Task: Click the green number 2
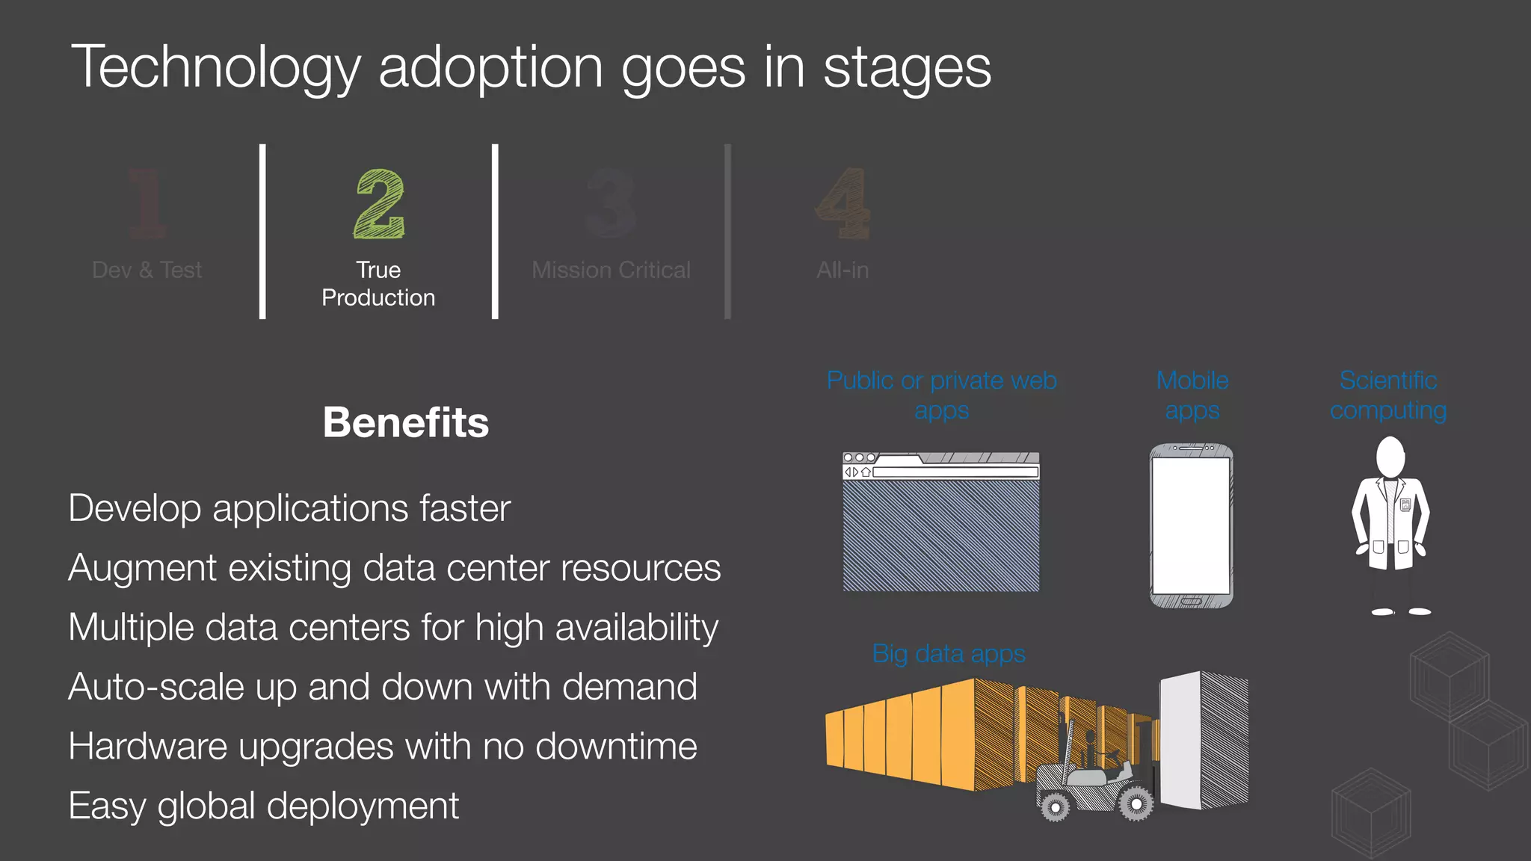pyautogui.click(x=379, y=203)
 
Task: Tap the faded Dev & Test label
pyautogui.click(x=147, y=270)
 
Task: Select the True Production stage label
pyautogui.click(x=378, y=284)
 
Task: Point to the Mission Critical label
pyautogui.click(x=611, y=270)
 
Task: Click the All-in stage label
pyautogui.click(x=842, y=270)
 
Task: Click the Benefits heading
pyautogui.click(x=405, y=422)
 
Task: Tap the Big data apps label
pyautogui.click(x=949, y=654)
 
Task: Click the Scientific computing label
pyautogui.click(x=1388, y=395)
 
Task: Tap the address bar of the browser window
pyautogui.click(x=955, y=472)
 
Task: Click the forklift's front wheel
pyautogui.click(x=1136, y=803)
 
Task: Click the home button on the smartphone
pyautogui.click(x=1191, y=601)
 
